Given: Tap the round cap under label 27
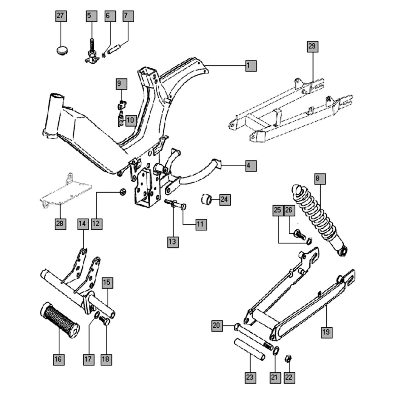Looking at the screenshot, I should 61,51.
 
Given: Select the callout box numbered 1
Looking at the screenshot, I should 250,66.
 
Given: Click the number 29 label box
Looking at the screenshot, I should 312,46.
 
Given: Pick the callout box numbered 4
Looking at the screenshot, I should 250,165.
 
